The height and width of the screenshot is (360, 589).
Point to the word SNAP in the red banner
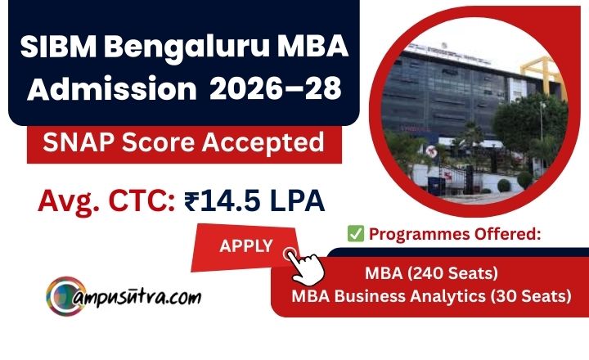pyautogui.click(x=69, y=144)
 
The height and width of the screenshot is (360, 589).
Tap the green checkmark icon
pyautogui.click(x=355, y=234)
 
